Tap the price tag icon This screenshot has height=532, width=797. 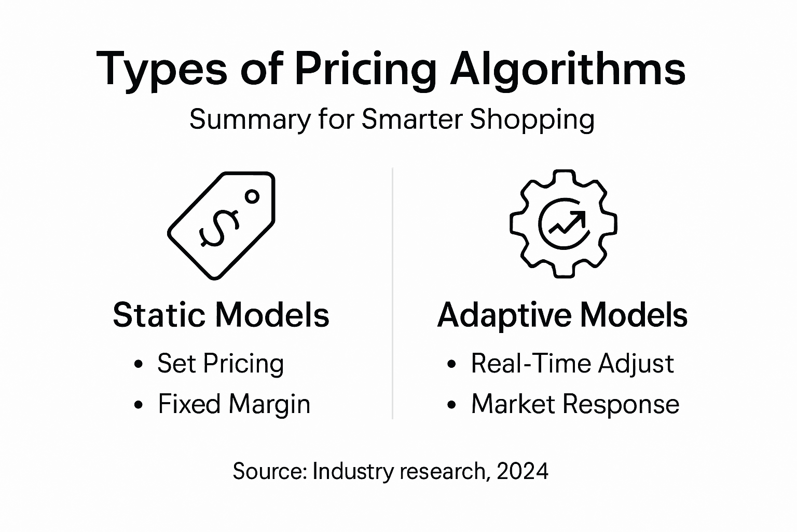coord(222,225)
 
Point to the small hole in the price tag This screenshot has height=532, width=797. coord(252,196)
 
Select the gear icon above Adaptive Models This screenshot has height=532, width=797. coord(564,224)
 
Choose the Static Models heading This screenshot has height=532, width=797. coord(221,315)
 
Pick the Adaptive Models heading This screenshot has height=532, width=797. coord(562,315)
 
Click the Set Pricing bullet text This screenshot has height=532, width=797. coord(221,364)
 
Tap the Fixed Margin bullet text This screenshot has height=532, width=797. coord(234,404)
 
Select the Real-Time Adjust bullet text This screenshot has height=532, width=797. coord(572,363)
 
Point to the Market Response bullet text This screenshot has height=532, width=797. coord(575,404)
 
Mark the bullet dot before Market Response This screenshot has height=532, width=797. coord(452,405)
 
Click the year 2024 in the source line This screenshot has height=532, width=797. coord(523,471)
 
